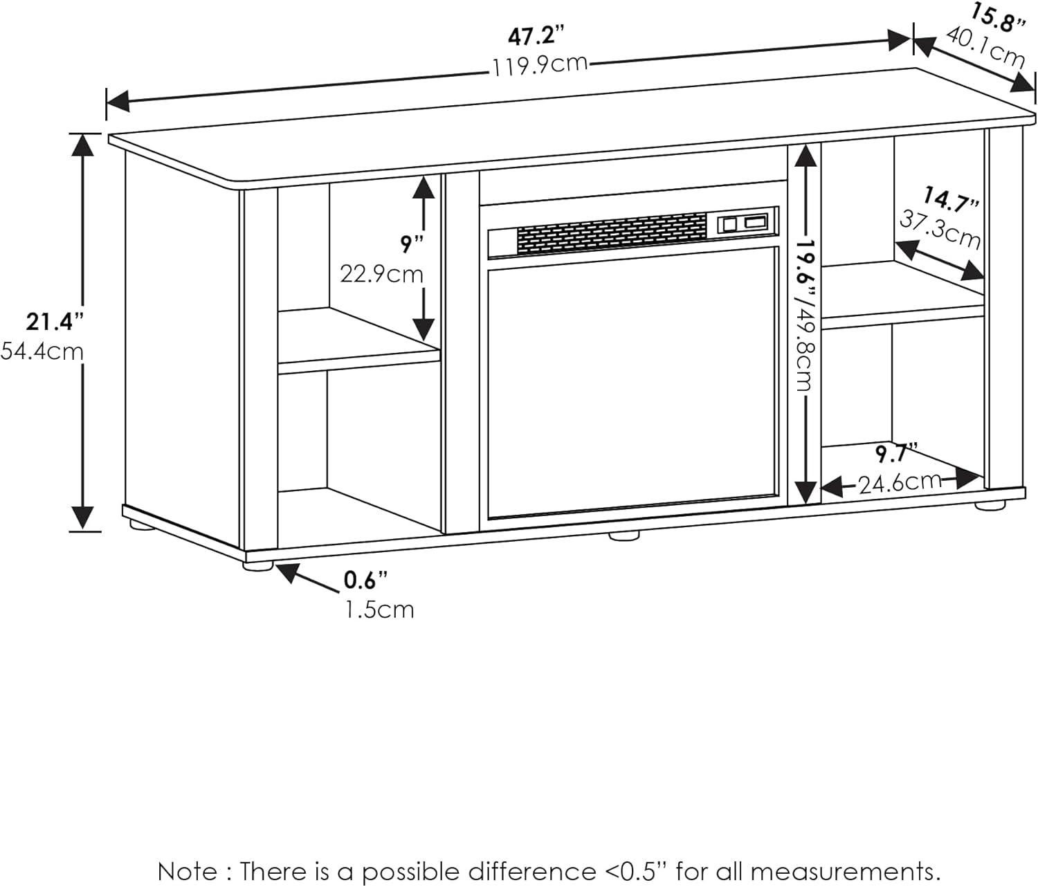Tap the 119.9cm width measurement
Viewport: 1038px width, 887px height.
tap(540, 65)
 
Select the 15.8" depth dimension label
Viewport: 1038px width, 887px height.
tap(997, 18)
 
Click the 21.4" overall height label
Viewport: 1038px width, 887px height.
tap(55, 322)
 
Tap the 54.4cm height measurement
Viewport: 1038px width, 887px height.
tap(42, 351)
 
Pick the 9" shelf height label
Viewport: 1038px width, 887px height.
tap(411, 244)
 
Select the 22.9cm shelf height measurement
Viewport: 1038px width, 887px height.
tap(381, 274)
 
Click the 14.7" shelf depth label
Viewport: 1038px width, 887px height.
tap(951, 201)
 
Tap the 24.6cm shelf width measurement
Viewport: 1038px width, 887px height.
tap(900, 482)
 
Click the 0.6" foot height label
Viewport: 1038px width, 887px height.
tap(365, 580)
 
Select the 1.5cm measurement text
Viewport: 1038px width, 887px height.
tap(379, 610)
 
